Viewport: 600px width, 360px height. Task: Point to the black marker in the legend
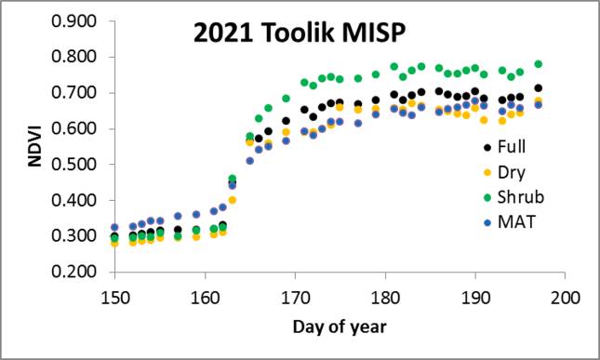click(x=488, y=147)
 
